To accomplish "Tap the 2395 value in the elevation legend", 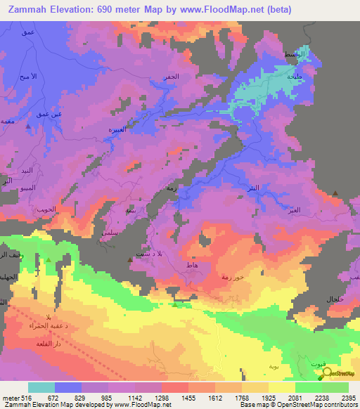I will [347, 398].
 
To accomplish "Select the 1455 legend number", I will [188, 398].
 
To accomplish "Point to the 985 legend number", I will [108, 398].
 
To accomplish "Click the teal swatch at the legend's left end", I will [41, 387].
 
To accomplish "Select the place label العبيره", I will [116, 129].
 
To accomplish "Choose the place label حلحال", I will [333, 299].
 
